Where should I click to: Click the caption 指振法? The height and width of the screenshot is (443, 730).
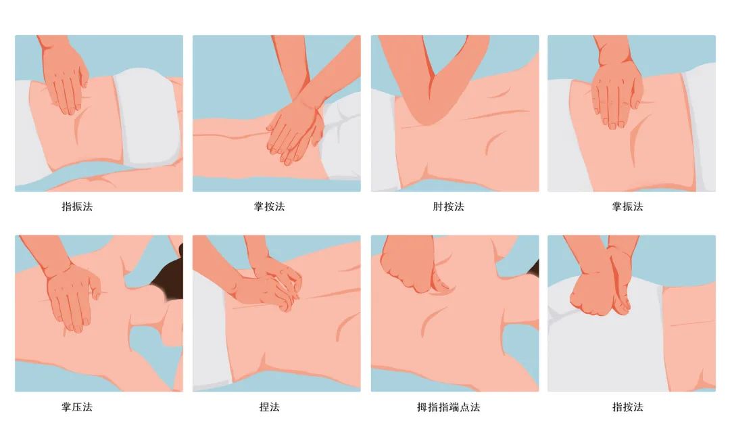pyautogui.click(x=77, y=207)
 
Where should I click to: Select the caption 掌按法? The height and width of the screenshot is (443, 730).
pyautogui.click(x=269, y=207)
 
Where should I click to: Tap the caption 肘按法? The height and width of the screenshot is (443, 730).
pyautogui.click(x=448, y=207)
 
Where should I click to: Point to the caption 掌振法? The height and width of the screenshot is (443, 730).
pyautogui.click(x=627, y=207)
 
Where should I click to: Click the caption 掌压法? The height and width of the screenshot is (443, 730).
pyautogui.click(x=77, y=407)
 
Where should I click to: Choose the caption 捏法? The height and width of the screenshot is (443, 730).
pyautogui.click(x=269, y=407)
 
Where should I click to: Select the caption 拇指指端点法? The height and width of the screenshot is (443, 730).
pyautogui.click(x=448, y=407)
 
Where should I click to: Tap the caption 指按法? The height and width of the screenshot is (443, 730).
pyautogui.click(x=627, y=407)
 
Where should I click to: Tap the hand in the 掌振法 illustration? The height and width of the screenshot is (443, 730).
pyautogui.click(x=616, y=95)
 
